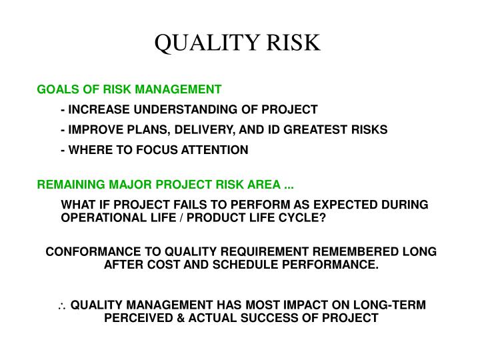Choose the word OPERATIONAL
(x=99, y=218)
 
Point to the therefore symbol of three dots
(x=62, y=305)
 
